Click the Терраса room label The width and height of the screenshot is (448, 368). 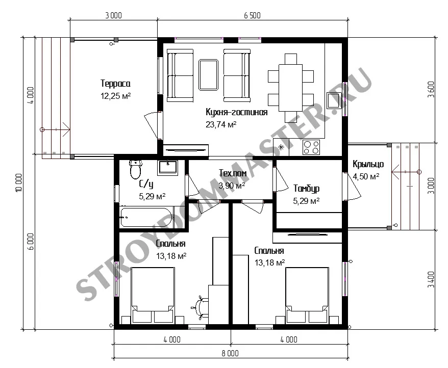(115, 84)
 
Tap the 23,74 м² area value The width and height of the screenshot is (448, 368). (221, 124)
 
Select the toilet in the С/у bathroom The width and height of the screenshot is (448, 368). (135, 169)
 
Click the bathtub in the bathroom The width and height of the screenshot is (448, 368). (146, 217)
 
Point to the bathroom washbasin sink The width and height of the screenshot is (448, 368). (168, 168)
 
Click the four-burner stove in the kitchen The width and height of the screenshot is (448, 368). (311, 147)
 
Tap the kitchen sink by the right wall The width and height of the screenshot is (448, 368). (334, 100)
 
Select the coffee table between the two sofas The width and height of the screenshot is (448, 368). (208, 75)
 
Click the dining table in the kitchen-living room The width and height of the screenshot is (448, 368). (290, 88)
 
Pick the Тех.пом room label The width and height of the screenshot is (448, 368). (233, 173)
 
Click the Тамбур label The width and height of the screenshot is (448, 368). (306, 189)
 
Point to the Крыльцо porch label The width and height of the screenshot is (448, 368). (368, 164)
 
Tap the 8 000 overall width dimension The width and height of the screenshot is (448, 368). (230, 353)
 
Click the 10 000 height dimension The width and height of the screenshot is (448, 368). (18, 182)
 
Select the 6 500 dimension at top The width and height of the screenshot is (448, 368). (252, 15)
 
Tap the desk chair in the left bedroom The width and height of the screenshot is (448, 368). (201, 307)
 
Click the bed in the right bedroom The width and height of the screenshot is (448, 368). (307, 295)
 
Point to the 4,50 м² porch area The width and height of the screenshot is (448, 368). (366, 176)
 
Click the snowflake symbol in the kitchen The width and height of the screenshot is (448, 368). (281, 147)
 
